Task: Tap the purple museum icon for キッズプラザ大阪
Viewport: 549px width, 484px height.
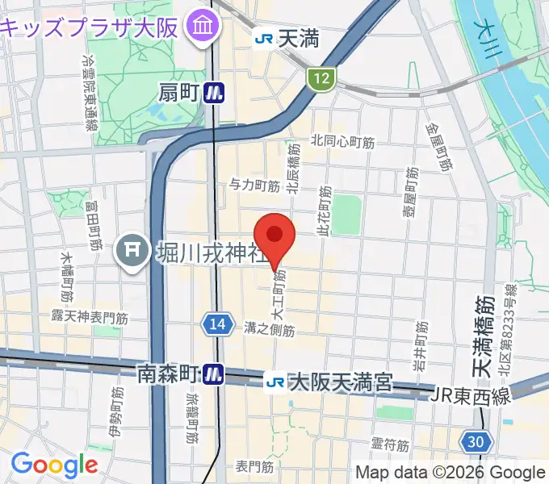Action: click(199, 27)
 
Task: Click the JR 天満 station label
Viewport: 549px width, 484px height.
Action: click(275, 37)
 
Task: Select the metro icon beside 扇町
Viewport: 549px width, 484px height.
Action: click(213, 94)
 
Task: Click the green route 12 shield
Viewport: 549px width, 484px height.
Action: click(321, 78)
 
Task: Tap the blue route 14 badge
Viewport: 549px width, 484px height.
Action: click(215, 323)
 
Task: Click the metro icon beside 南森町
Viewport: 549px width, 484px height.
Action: click(213, 373)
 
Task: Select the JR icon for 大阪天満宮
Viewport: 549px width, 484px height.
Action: click(276, 380)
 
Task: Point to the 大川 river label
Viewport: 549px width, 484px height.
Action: click(501, 36)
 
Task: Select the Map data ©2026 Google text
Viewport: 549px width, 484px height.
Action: click(451, 472)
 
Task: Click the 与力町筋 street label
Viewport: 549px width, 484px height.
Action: click(254, 186)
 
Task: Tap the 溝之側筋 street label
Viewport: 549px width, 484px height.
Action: click(270, 329)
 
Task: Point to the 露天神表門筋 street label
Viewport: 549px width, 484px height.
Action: click(89, 317)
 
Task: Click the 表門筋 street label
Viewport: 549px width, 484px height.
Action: click(255, 466)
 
